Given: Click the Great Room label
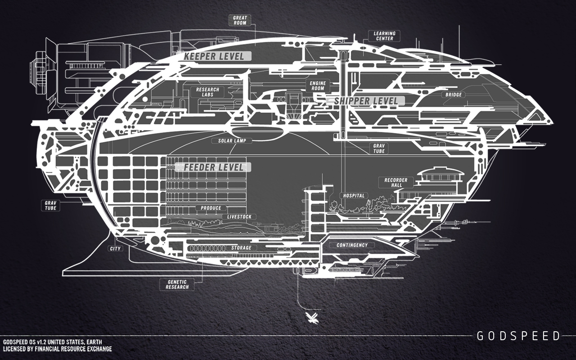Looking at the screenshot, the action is (x=240, y=20).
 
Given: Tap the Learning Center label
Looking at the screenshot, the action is (x=384, y=36).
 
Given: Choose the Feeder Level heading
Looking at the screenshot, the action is (x=214, y=167).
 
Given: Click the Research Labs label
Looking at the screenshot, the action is (x=207, y=92).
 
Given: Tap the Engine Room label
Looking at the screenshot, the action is (x=318, y=85).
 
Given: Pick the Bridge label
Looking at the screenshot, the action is (x=454, y=95).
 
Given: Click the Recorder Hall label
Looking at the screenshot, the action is (x=396, y=182).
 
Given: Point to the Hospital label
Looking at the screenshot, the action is (x=354, y=196).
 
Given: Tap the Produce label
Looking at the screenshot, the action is (x=211, y=208).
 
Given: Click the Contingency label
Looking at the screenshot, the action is (x=352, y=245).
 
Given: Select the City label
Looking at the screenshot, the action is (x=115, y=248).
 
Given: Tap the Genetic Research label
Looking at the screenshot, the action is (x=177, y=284).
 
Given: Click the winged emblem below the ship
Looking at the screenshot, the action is (x=311, y=318).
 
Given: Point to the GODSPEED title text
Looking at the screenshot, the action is (x=518, y=336).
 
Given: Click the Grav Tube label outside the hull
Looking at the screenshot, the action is (x=49, y=205).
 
